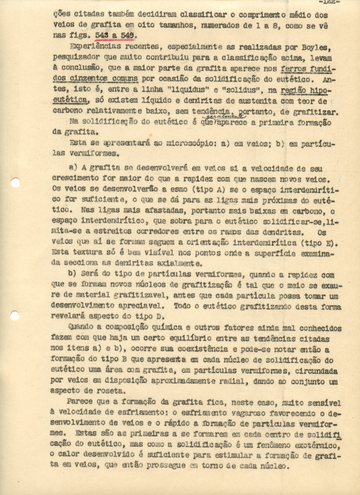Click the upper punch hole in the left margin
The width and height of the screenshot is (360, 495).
click(15, 182)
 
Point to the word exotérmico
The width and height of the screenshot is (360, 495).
click(315, 443)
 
